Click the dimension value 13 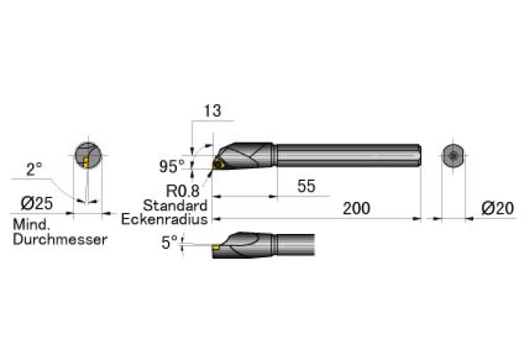[x=212, y=110]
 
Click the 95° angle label [x=172, y=166]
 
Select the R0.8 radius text [x=182, y=191]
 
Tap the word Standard [x=175, y=205]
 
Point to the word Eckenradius [x=164, y=219]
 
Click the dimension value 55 [x=306, y=185]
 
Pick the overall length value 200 [x=357, y=208]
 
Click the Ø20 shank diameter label [x=497, y=208]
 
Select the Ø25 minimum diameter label [x=37, y=203]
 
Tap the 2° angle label [x=34, y=169]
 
